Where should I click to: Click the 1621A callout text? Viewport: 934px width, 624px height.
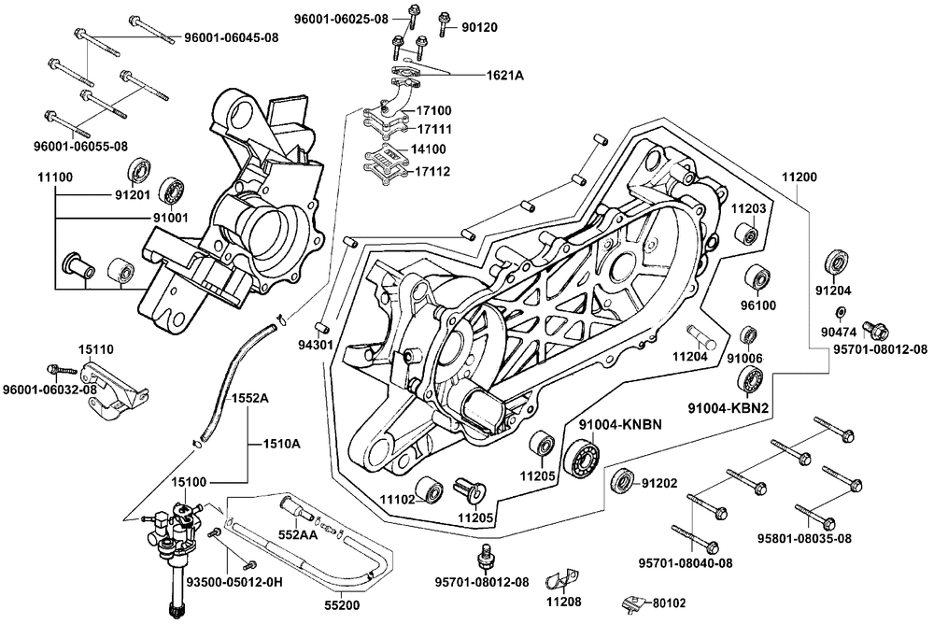(x=503, y=75)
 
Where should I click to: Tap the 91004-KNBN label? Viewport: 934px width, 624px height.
(x=619, y=424)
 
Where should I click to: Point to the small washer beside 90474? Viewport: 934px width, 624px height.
(x=840, y=311)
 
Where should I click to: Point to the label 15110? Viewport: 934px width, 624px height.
(x=96, y=349)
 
